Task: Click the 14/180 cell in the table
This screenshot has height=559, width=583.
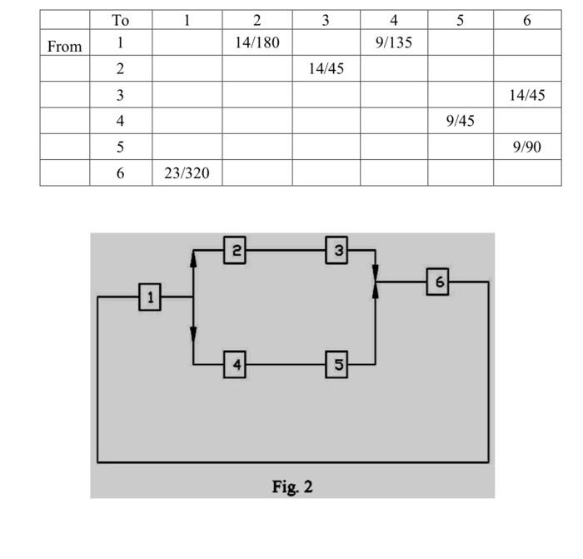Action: tap(257, 42)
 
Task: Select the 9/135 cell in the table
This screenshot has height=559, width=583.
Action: tap(394, 42)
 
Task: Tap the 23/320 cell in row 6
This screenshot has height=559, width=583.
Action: tap(187, 173)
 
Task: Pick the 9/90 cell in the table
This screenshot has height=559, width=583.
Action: tap(526, 147)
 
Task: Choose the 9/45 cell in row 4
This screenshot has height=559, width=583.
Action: tap(460, 121)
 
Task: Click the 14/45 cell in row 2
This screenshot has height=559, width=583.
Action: tap(326, 69)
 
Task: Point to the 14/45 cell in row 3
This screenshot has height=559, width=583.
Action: tap(526, 95)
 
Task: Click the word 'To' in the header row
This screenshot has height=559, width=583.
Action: tap(121, 20)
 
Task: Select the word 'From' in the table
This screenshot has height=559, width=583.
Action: tap(65, 47)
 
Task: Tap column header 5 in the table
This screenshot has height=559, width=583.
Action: tap(460, 20)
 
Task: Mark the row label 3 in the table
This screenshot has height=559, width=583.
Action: tap(121, 95)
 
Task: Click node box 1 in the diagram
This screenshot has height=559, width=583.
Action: tap(150, 297)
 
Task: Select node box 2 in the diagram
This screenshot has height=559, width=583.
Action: tap(235, 250)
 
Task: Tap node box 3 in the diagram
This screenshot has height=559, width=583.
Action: tap(336, 250)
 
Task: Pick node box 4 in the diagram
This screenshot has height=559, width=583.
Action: tap(235, 364)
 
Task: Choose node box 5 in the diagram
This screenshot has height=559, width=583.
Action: tap(336, 364)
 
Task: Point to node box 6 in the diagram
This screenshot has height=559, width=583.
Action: tap(438, 282)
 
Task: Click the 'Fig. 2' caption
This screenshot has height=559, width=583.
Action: tap(292, 487)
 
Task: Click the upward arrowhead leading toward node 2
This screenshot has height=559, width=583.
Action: tap(193, 259)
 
